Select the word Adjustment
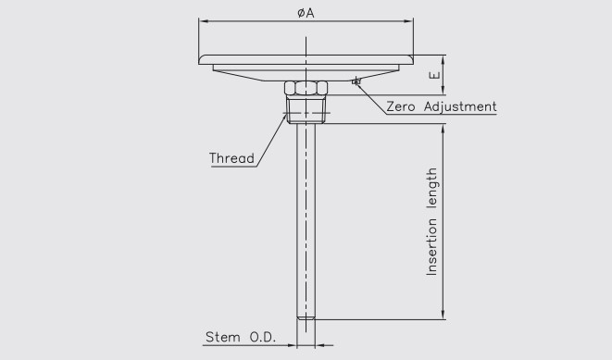coord(460,107)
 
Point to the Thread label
coord(231,158)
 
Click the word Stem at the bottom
coord(220,339)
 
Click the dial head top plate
coord(305,57)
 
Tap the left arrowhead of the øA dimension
coord(202,20)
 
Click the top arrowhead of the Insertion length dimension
coord(443,130)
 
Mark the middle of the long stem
coord(305,222)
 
